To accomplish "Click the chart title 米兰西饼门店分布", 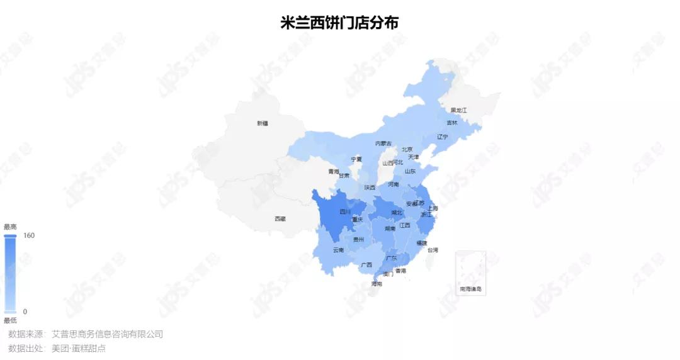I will [339, 22].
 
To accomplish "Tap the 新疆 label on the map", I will [263, 123].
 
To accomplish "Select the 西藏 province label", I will [280, 218].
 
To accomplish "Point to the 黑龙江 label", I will [458, 110].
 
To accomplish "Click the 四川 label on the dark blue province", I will [345, 212].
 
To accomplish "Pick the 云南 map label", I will [339, 250].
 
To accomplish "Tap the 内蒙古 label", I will [383, 143].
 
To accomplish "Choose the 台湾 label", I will [433, 250].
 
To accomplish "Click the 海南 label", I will [377, 284].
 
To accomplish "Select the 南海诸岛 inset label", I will [471, 289].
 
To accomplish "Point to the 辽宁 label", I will [443, 137].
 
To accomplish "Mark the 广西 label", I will [366, 265].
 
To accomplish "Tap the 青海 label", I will [333, 171].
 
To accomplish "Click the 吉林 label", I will [452, 123].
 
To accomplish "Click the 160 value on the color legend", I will [29, 235].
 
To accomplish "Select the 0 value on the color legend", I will [25, 312].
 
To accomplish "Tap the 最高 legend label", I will [10, 227].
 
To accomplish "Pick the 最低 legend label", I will [10, 320].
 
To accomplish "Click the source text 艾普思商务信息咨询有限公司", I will [107, 334].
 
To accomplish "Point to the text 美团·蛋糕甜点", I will [79, 348].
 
